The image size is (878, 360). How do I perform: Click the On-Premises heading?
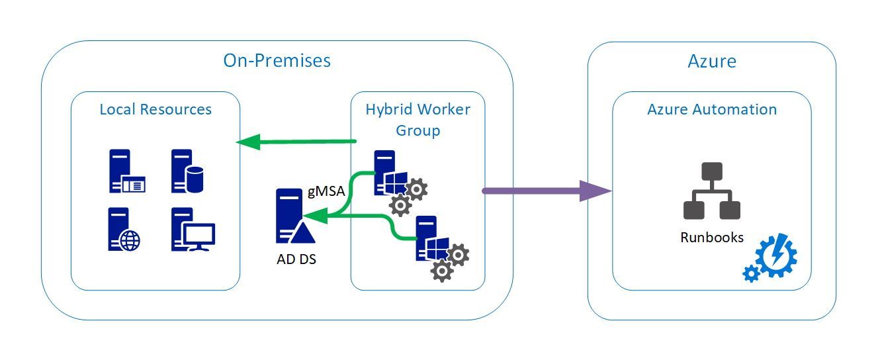[277, 61]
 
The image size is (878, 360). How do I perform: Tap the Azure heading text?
[712, 62]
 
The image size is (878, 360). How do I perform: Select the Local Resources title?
[155, 109]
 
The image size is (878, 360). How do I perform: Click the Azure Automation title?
[712, 109]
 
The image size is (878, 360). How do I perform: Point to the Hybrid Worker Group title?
[417, 119]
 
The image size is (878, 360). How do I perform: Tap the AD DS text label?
[296, 259]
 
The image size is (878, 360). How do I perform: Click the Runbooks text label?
[712, 237]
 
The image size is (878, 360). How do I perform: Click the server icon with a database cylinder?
[187, 171]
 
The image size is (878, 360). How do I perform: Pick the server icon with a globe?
[124, 230]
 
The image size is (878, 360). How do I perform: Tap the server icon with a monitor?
[193, 230]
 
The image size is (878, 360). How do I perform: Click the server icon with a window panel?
[126, 171]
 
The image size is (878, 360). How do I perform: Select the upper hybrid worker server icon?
[396, 179]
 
